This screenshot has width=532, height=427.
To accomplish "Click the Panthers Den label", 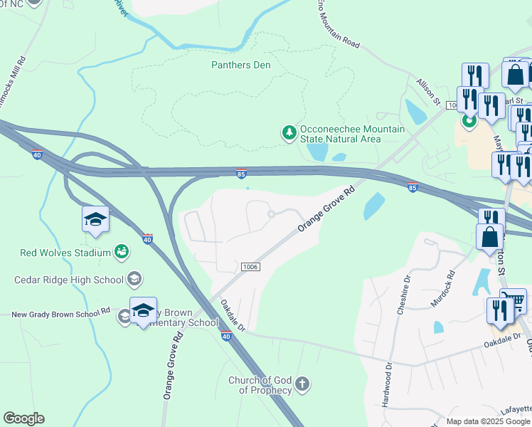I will click(x=241, y=65).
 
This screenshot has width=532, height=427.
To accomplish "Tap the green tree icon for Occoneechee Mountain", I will click(x=289, y=132).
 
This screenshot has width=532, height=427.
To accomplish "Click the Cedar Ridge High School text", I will click(x=69, y=280).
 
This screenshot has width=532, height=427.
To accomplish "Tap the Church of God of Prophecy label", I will click(x=260, y=385).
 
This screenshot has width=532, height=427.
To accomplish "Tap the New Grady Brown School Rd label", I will click(x=55, y=312).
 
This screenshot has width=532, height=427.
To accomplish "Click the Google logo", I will click(x=23, y=418).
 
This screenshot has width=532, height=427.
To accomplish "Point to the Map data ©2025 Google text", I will click(x=488, y=421).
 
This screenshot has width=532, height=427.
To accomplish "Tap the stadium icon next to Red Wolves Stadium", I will click(x=122, y=252).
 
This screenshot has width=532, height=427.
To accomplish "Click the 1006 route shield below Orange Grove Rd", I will click(x=250, y=266).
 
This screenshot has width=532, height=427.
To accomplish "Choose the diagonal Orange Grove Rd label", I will click(x=326, y=209).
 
